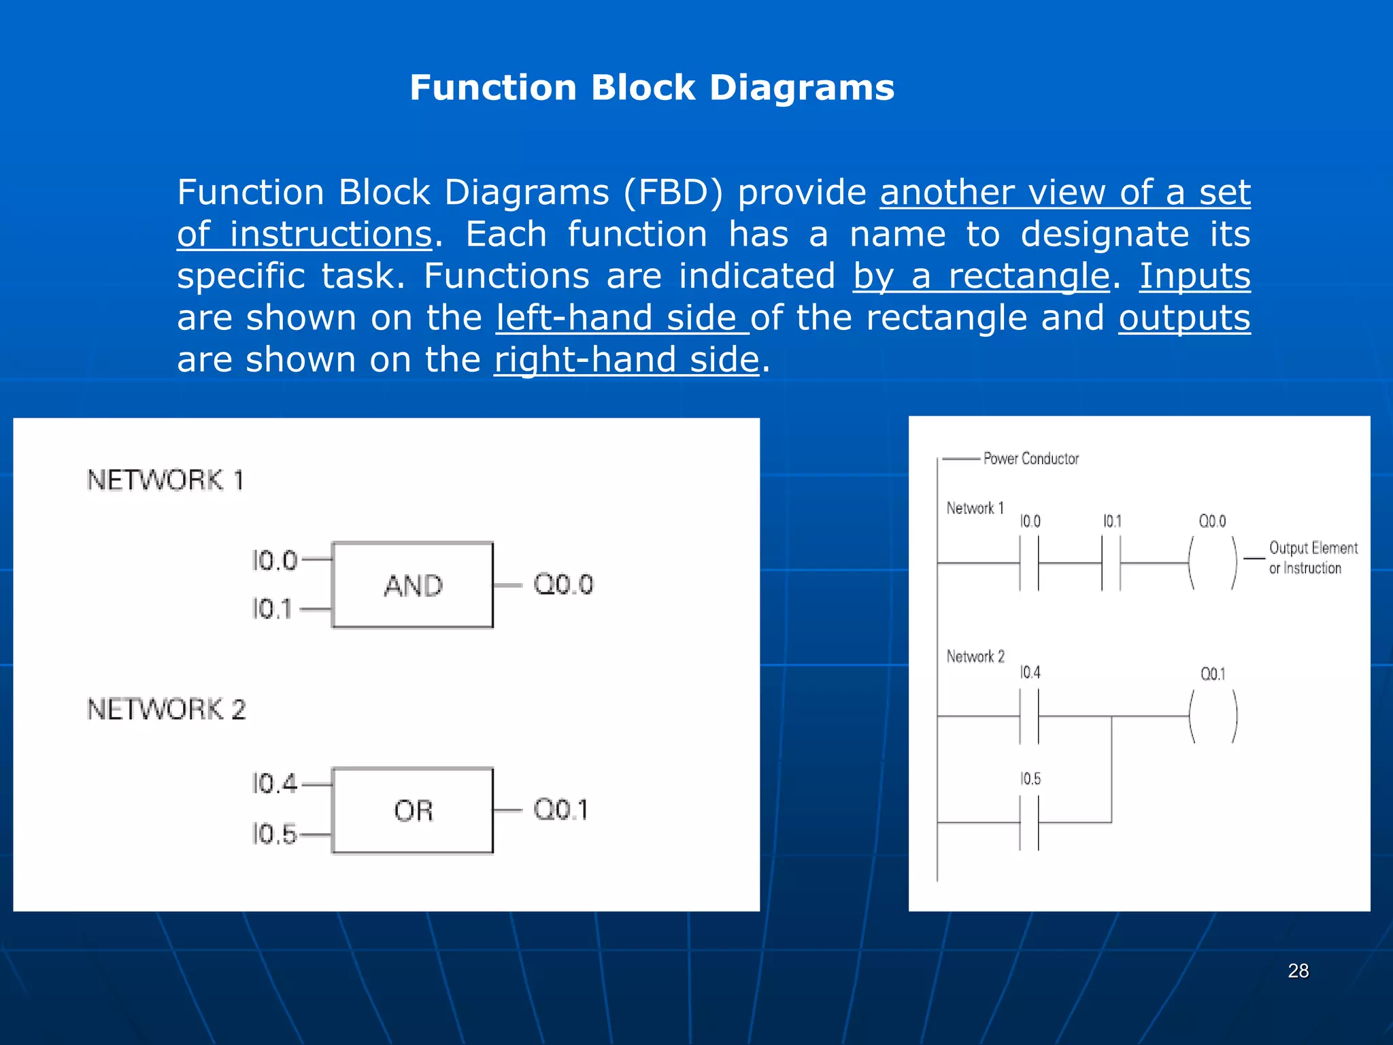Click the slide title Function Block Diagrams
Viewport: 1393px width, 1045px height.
point(652,88)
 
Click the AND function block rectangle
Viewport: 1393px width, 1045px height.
point(412,585)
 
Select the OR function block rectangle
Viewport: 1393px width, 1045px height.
point(412,810)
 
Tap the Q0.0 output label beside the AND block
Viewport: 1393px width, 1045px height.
point(563,584)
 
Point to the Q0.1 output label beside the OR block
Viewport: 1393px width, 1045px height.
point(560,810)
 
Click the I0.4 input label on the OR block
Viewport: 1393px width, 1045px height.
point(274,784)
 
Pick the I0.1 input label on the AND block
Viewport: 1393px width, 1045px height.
point(271,609)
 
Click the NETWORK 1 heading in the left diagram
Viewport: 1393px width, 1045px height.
point(165,480)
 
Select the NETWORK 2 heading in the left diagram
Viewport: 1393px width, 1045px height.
point(166,710)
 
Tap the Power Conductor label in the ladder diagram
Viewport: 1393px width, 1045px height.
point(1030,459)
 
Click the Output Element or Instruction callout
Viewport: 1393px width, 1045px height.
point(1312,558)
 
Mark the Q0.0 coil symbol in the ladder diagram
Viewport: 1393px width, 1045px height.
point(1213,563)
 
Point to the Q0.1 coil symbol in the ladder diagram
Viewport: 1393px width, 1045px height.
point(1213,716)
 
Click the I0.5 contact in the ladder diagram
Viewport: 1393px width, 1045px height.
point(1029,823)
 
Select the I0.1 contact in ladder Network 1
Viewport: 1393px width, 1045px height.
point(1111,563)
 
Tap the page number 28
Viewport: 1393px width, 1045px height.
point(1298,971)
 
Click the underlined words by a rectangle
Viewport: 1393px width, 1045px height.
point(981,276)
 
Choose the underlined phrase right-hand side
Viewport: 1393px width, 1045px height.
point(626,360)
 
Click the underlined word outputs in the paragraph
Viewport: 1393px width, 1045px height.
point(1184,318)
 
